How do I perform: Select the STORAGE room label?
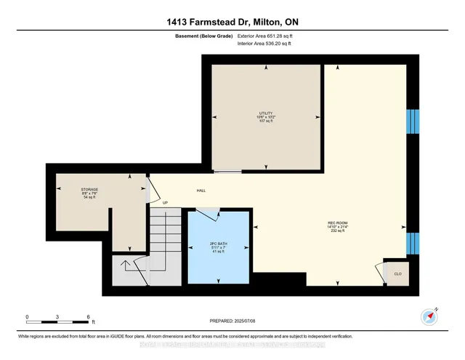(89, 190)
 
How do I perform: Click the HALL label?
(201, 191)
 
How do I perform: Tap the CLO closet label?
(397, 273)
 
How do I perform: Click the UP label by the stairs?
(165, 203)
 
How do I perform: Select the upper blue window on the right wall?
(413, 121)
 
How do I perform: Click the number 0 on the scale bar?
(27, 318)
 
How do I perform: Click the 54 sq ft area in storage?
(89, 198)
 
